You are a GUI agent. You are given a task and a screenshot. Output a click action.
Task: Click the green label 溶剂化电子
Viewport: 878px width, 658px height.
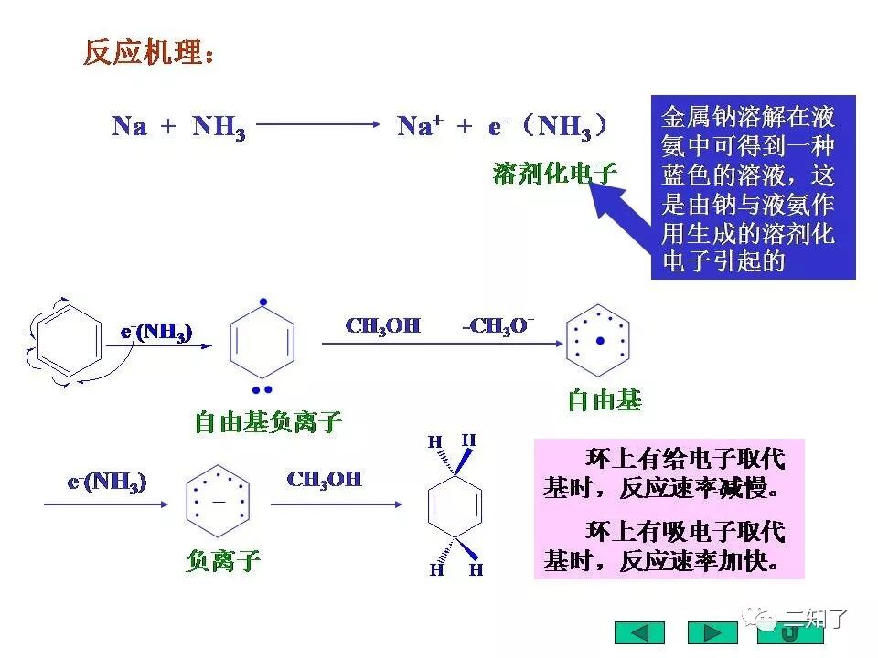(x=554, y=173)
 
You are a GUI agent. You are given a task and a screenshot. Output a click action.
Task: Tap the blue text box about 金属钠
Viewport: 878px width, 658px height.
(x=753, y=187)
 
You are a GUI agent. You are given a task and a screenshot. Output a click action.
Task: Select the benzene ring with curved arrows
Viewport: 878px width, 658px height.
(x=64, y=343)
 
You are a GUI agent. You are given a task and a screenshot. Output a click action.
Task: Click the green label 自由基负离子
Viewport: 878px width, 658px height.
(x=268, y=421)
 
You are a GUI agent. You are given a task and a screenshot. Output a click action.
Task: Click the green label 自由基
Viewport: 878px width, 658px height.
(x=605, y=400)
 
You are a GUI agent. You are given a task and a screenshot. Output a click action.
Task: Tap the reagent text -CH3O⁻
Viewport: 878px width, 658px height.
(x=498, y=326)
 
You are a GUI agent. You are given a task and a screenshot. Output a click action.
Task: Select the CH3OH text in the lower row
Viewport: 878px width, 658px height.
(x=324, y=480)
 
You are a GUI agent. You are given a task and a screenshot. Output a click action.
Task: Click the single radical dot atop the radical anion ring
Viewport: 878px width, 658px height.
(x=263, y=302)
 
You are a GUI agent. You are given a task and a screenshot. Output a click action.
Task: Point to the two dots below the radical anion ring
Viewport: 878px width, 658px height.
(x=263, y=388)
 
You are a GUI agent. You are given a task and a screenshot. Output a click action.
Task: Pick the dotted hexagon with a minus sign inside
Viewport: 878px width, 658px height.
(x=219, y=503)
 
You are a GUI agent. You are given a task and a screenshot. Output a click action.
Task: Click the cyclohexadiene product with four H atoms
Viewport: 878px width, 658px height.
(x=455, y=505)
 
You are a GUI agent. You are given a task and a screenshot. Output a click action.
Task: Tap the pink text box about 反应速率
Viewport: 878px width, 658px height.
(x=669, y=509)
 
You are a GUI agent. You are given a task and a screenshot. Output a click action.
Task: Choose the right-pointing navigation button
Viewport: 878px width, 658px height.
(x=712, y=632)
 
